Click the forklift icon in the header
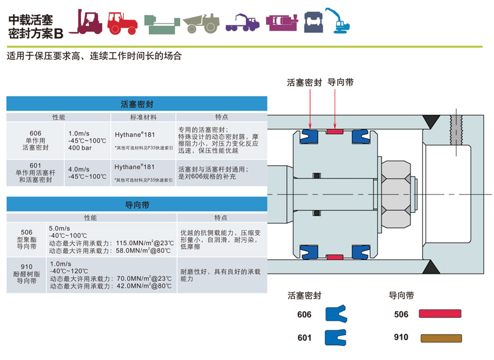tap(88, 22)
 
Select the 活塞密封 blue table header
tap(136, 104)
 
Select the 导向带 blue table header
tap(136, 204)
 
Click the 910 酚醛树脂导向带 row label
tap(27, 275)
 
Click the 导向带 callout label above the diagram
tap(340, 82)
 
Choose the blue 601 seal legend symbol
tap(334, 337)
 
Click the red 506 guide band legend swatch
tap(441, 314)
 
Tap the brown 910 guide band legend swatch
tap(441, 337)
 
